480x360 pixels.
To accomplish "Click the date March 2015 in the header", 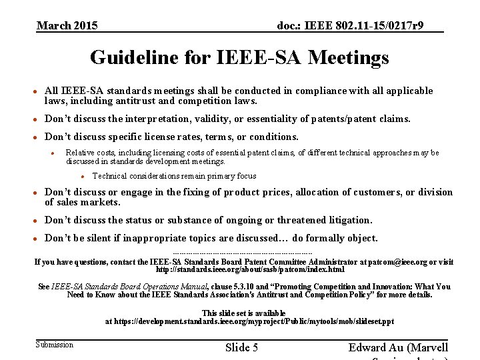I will point(67,26).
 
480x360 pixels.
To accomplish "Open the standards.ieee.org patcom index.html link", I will point(250,270).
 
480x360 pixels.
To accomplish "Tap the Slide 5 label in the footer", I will point(241,347).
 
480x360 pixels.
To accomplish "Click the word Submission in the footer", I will point(55,345).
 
